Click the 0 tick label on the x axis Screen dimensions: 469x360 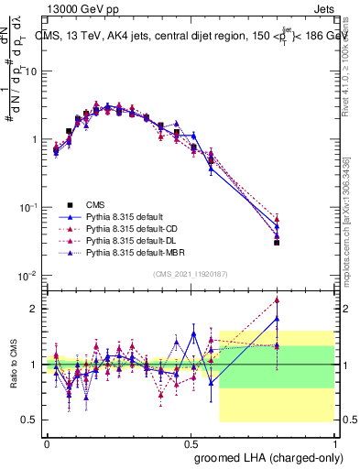click(x=47, y=442)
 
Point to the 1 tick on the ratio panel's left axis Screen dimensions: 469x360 click(x=34, y=365)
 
